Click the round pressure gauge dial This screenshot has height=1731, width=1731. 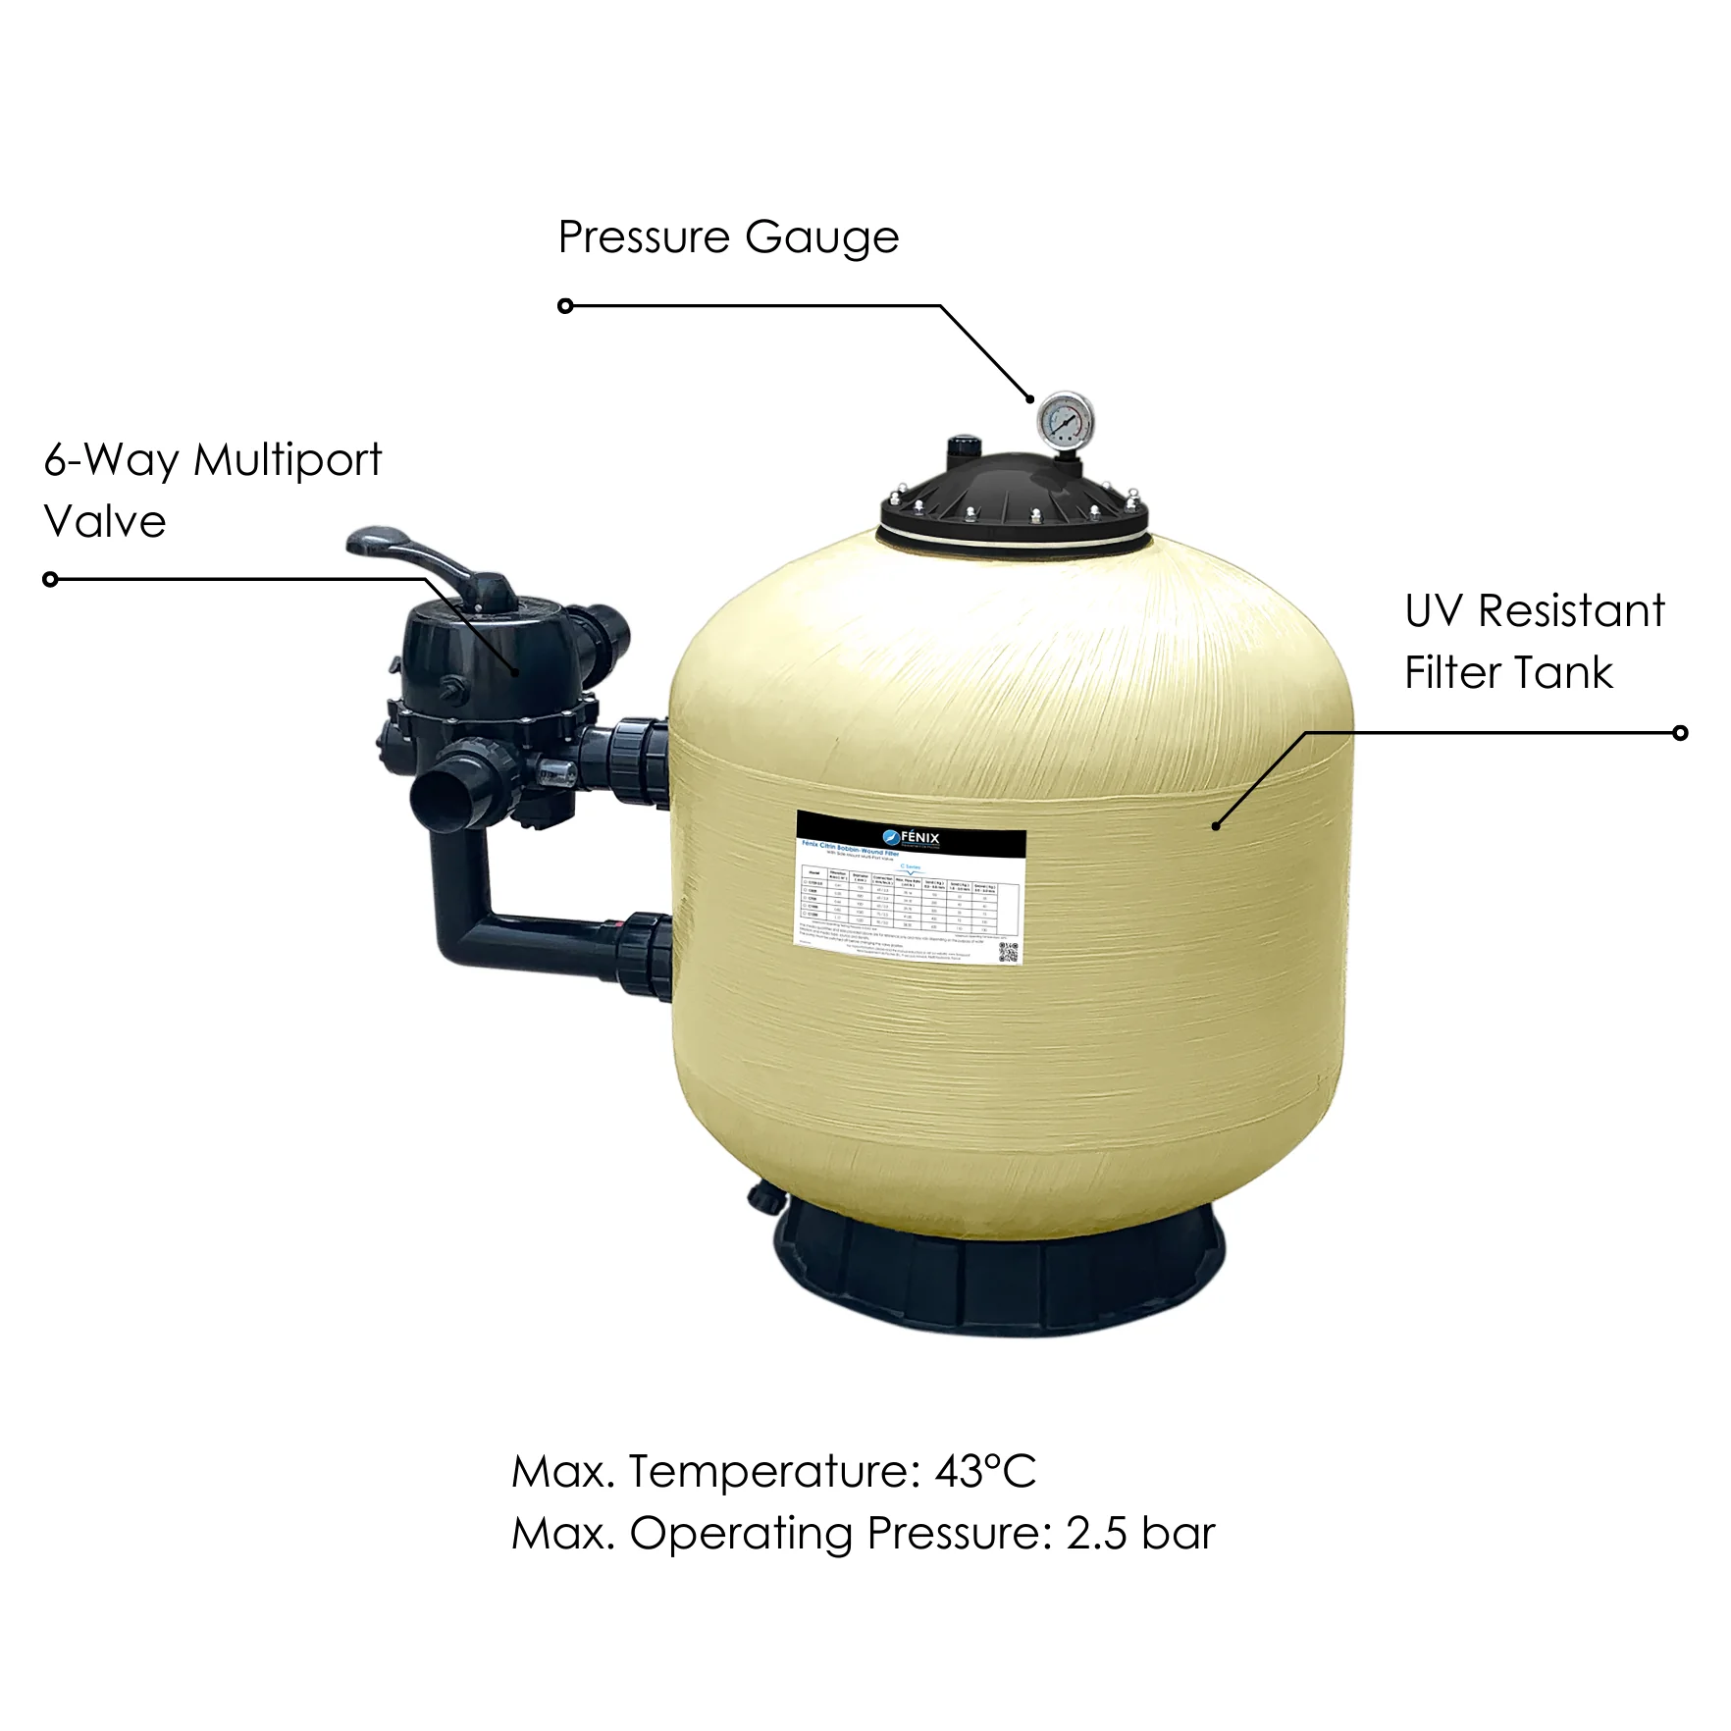click(x=1064, y=420)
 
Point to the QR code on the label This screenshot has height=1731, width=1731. click(x=1008, y=951)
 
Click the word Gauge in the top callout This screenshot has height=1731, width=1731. click(x=821, y=238)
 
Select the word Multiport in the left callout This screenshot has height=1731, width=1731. click(x=288, y=460)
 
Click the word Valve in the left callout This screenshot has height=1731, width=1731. click(x=105, y=522)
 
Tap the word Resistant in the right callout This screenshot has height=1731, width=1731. click(x=1571, y=611)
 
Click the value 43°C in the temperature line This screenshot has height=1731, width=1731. click(x=985, y=1471)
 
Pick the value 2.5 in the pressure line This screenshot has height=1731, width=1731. click(x=1096, y=1534)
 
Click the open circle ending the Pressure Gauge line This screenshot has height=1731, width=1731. click(x=565, y=306)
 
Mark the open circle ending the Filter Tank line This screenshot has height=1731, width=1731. click(x=1680, y=733)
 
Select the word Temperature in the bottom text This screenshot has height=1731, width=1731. click(x=768, y=1471)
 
